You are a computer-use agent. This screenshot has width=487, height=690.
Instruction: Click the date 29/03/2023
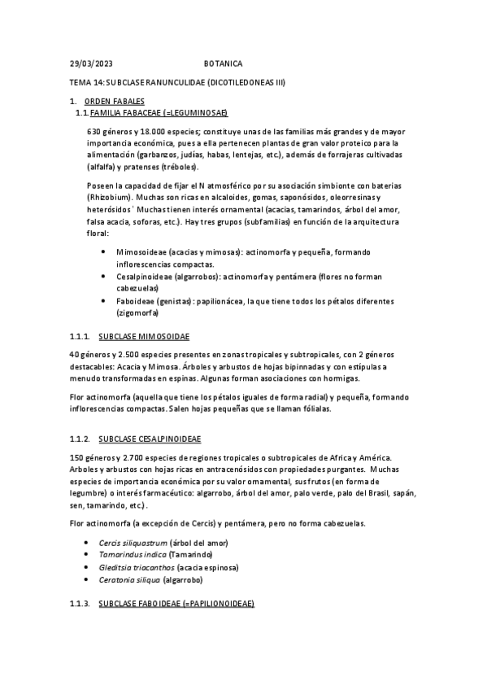coord(91,63)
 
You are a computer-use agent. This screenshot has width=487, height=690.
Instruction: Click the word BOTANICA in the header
coord(222,63)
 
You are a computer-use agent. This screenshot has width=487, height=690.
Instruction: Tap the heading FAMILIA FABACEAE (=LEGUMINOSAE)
coord(159,111)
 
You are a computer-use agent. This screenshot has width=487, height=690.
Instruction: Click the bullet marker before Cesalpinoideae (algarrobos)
coord(102,276)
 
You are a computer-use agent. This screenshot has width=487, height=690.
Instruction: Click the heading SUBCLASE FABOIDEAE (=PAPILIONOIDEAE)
coord(176,604)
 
